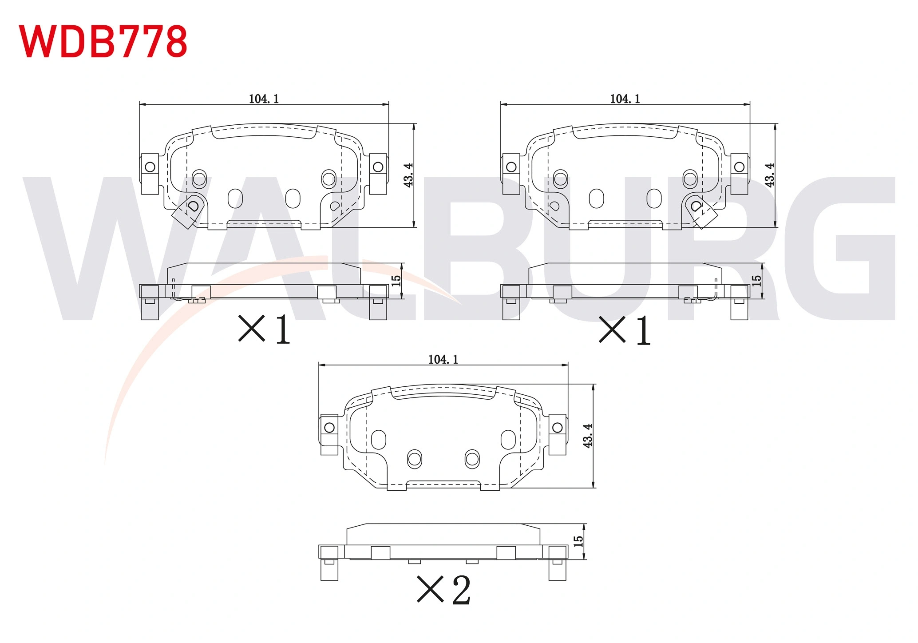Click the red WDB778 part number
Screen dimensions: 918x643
click(x=103, y=41)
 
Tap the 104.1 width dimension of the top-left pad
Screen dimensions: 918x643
click(x=264, y=99)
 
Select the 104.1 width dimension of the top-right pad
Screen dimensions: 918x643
click(x=625, y=99)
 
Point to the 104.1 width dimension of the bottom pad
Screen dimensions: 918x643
click(x=443, y=359)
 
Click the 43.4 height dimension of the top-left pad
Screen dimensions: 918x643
click(x=408, y=175)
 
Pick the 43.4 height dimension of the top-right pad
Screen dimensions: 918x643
click(x=770, y=175)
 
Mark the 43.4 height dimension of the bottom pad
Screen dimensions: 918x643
click(x=588, y=436)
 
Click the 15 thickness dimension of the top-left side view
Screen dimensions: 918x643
click(x=396, y=281)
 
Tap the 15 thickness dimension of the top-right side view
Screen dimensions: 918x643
click(x=756, y=281)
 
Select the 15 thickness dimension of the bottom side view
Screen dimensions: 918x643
click(x=578, y=541)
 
